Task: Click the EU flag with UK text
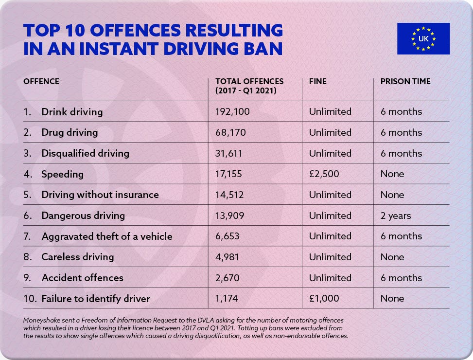coord(423,38)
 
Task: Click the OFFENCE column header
coord(41,82)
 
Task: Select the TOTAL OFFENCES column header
coord(249,86)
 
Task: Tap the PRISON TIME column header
coord(405,82)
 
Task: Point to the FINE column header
coord(318,82)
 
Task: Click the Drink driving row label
coord(72,112)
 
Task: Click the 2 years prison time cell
coord(396,216)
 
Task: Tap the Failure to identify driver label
coord(95,298)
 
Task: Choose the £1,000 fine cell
coord(324,298)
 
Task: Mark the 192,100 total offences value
coord(232,112)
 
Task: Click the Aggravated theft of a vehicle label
coord(106,236)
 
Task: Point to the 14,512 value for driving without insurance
coord(228,195)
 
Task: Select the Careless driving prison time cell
coord(392,257)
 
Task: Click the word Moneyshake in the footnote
coord(42,320)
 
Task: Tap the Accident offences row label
coord(82,278)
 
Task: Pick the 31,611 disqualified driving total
coord(228,153)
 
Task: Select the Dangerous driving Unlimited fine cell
coord(330,216)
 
